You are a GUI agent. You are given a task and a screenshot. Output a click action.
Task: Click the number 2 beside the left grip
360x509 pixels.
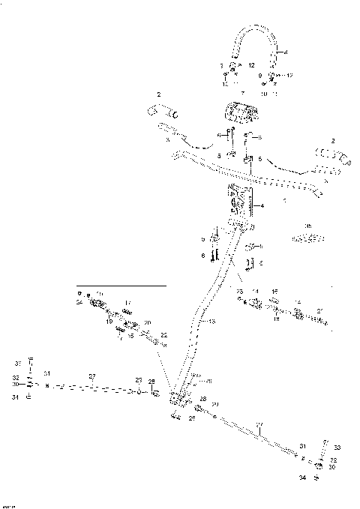point(159,94)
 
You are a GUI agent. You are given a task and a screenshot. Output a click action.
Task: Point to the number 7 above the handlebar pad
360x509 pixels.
point(242,93)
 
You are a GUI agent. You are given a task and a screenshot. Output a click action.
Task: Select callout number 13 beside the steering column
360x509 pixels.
point(212,321)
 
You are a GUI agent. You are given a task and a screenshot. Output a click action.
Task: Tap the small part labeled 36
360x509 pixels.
point(307,238)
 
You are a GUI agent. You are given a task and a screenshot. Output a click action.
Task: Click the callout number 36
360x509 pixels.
point(307,225)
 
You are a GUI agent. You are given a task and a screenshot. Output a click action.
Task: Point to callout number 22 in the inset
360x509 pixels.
point(163,334)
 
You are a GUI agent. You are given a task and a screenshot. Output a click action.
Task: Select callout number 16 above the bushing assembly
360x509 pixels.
point(274,292)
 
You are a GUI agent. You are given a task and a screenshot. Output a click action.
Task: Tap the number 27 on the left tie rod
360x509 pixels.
point(92,376)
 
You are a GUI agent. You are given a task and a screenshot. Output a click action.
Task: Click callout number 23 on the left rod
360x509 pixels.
point(138,381)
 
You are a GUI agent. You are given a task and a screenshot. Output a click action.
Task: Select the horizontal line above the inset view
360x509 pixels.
point(120,286)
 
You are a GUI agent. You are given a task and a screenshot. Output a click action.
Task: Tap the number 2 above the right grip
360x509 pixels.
point(331,140)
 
